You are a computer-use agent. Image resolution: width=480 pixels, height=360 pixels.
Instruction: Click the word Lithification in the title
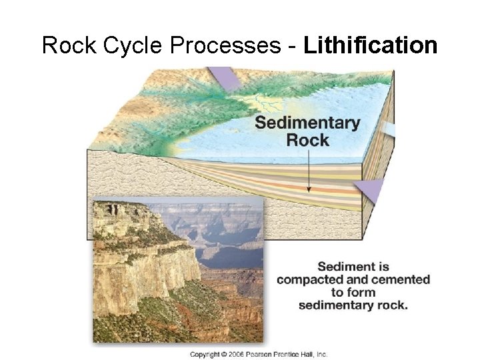(x=370, y=45)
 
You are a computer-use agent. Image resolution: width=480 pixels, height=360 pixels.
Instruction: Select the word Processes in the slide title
(x=223, y=45)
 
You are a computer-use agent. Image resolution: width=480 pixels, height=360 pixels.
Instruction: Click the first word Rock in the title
(x=67, y=45)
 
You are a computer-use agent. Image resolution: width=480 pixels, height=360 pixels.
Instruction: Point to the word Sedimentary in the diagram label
(x=307, y=123)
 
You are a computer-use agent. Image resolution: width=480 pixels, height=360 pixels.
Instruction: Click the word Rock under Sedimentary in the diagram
(x=307, y=140)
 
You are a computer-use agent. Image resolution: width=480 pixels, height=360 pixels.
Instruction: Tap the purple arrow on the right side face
(x=370, y=190)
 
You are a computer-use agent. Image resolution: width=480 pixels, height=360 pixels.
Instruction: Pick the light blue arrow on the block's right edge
(x=390, y=129)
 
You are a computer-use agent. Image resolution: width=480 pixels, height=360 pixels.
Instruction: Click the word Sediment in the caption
(x=353, y=267)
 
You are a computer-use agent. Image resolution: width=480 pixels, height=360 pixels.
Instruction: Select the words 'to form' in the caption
(x=353, y=292)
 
